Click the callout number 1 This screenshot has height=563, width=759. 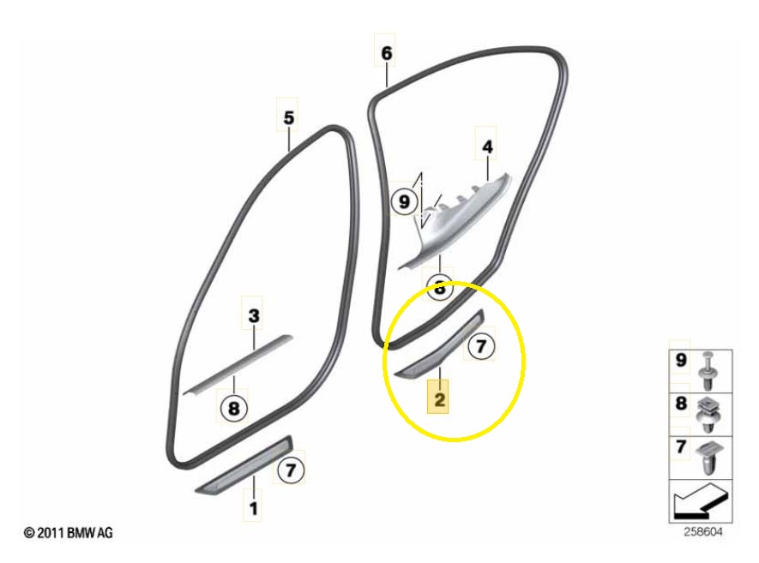[253, 508]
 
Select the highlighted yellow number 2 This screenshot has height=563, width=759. [439, 399]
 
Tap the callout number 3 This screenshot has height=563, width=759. [254, 316]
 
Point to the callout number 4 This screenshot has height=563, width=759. [487, 147]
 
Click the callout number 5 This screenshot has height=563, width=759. [288, 117]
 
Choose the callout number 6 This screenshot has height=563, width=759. [386, 53]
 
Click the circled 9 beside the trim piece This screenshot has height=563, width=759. [404, 201]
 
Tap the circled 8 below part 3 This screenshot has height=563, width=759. [233, 408]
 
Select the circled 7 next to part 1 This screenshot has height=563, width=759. [291, 470]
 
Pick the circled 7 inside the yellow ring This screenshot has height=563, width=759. [480, 346]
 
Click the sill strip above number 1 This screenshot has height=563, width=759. [244, 465]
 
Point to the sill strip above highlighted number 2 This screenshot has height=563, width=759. [439, 344]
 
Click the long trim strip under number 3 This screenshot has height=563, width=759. [238, 364]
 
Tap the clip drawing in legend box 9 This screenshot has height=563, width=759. [708, 371]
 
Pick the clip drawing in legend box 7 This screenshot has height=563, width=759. [708, 458]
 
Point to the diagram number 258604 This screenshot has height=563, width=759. [703, 532]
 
